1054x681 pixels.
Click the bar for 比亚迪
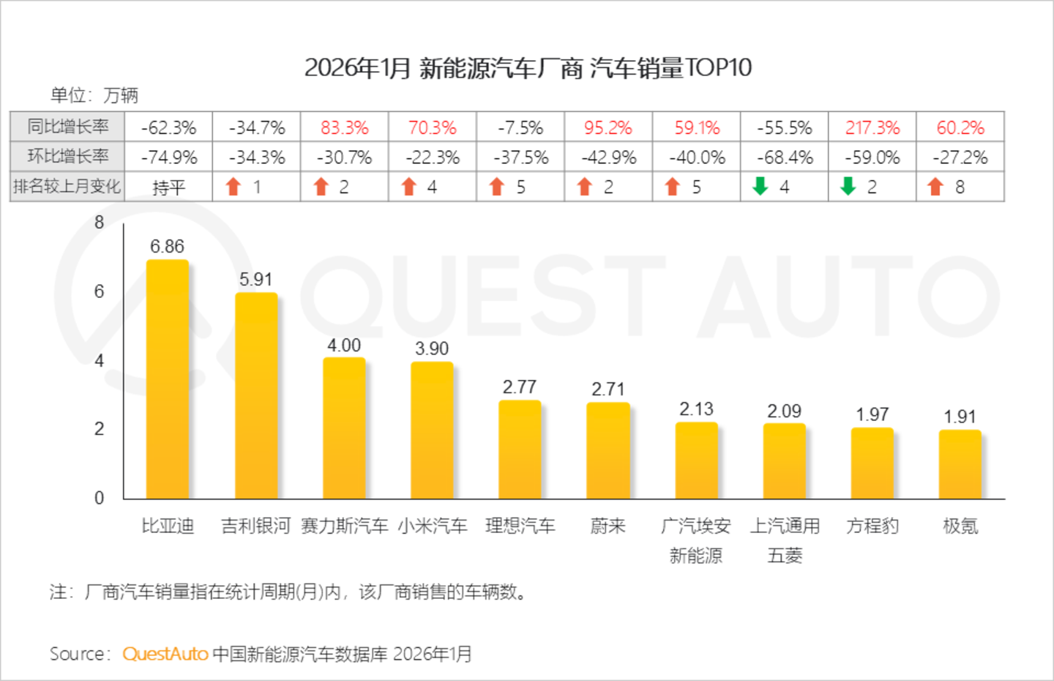pyautogui.click(x=167, y=379)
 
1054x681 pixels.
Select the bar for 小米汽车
pyautogui.click(x=432, y=430)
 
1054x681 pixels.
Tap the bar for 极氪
pyautogui.click(x=960, y=464)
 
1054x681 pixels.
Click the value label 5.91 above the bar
pyautogui.click(x=255, y=280)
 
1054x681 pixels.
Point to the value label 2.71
pyautogui.click(x=608, y=390)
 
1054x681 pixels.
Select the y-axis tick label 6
pyautogui.click(x=99, y=291)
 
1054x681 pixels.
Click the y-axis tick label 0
pyautogui.click(x=99, y=497)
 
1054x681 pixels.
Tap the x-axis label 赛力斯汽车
pyautogui.click(x=345, y=526)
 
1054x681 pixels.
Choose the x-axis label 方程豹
pyautogui.click(x=872, y=526)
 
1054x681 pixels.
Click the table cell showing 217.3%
pyautogui.click(x=872, y=127)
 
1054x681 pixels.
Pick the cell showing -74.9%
pyautogui.click(x=169, y=157)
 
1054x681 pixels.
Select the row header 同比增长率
pyautogui.click(x=68, y=127)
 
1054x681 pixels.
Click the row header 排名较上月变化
pyautogui.click(x=67, y=187)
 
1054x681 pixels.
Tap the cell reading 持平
pyautogui.click(x=168, y=187)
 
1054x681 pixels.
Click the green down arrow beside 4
pyautogui.click(x=760, y=186)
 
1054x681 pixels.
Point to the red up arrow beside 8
pyautogui.click(x=935, y=186)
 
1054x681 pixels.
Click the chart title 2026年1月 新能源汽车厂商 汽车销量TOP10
pyautogui.click(x=528, y=68)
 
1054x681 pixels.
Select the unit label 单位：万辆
pyautogui.click(x=94, y=95)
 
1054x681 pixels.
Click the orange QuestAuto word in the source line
pyautogui.click(x=165, y=654)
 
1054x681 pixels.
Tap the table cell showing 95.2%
pyautogui.click(x=608, y=127)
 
